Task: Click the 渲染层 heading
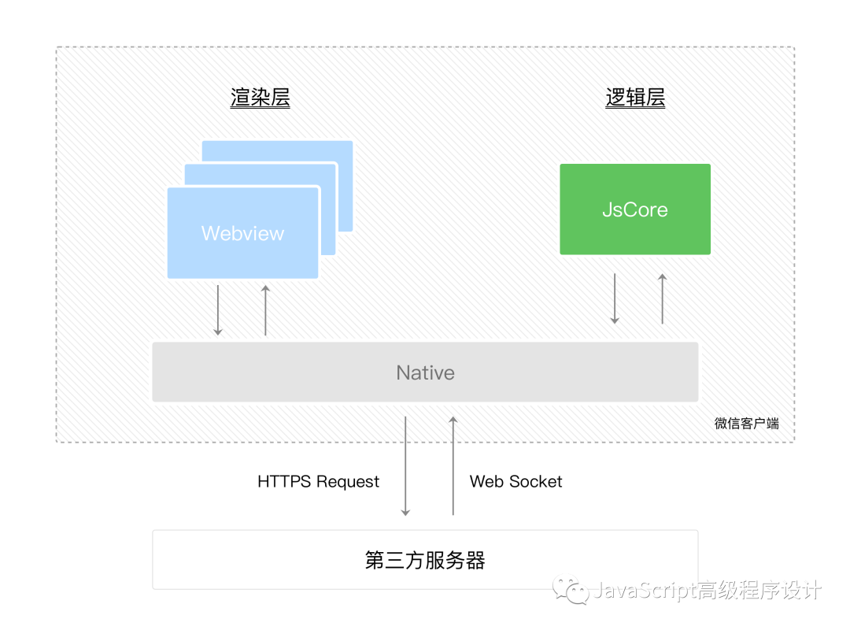[261, 98]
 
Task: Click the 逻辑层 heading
[635, 98]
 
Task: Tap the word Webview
[242, 233]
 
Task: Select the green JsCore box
[635, 209]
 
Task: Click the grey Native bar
[425, 372]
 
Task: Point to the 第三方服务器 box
[425, 560]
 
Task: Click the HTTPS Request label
[318, 481]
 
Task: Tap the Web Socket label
[516, 481]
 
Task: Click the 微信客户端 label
[746, 423]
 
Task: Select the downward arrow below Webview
[218, 310]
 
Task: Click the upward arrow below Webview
[265, 310]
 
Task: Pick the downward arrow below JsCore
[615, 298]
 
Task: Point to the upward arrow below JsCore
[662, 298]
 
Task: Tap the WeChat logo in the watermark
[570, 590]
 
